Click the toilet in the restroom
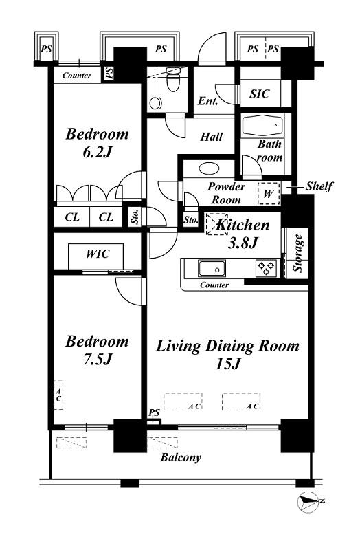(x=172, y=80)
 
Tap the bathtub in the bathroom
(x=262, y=126)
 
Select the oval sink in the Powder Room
(x=209, y=168)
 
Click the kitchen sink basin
(x=212, y=269)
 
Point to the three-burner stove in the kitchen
(x=267, y=268)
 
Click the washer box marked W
(x=269, y=193)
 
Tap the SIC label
(x=260, y=93)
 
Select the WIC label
(x=98, y=254)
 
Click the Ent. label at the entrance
(x=208, y=101)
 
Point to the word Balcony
(x=181, y=457)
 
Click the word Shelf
(x=319, y=186)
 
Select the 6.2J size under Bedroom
(x=98, y=152)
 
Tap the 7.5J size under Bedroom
(x=98, y=359)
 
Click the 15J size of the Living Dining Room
(x=228, y=364)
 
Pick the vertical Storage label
(x=298, y=253)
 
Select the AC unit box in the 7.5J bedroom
(x=58, y=395)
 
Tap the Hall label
(x=212, y=136)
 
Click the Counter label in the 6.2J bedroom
(x=77, y=76)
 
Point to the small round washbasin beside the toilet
(x=155, y=103)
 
